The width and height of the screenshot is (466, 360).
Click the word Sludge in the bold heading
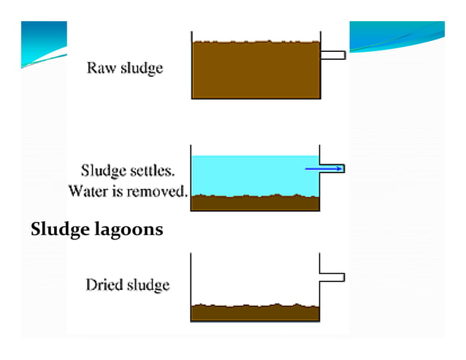pyautogui.click(x=58, y=230)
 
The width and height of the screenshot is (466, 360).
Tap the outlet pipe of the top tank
pyautogui.click(x=333, y=55)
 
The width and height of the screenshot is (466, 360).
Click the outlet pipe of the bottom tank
pyautogui.click(x=333, y=277)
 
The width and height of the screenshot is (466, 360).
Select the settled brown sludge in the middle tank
pyautogui.click(x=256, y=203)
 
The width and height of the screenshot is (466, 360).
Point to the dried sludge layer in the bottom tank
pyautogui.click(x=256, y=313)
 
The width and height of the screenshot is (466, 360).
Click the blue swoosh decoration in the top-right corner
pyautogui.click(x=398, y=37)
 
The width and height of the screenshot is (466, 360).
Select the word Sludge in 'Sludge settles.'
pyautogui.click(x=103, y=173)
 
